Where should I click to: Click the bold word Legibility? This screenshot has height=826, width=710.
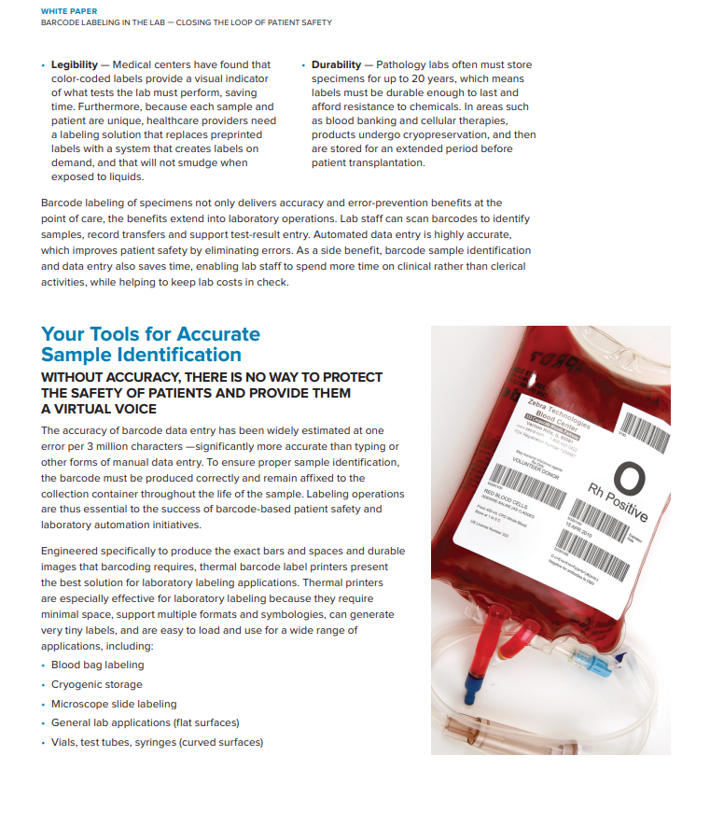pos(75,64)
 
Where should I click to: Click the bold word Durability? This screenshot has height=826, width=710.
pos(336,64)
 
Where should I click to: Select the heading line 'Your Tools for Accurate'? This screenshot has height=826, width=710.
pos(150,334)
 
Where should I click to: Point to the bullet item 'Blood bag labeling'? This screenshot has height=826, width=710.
pos(97,665)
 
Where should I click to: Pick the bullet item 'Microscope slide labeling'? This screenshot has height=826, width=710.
pos(113,704)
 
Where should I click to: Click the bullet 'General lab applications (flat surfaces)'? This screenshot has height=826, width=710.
pos(145,723)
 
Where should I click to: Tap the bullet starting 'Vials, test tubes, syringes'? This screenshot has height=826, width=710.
pos(157,742)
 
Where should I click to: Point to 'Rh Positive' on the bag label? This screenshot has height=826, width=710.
pos(617,503)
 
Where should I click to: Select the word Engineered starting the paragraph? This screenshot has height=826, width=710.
pos(70,552)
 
